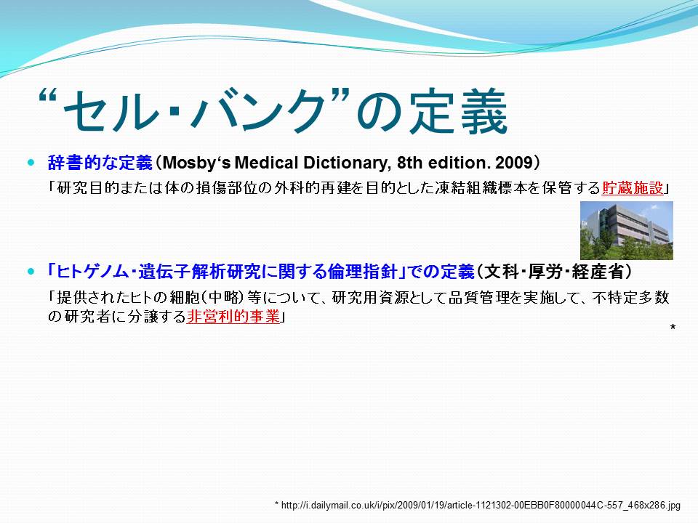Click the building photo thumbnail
point(626,230)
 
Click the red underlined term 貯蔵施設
point(633,188)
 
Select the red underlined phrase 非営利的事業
point(233,316)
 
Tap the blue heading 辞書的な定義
point(100,163)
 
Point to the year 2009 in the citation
point(514,163)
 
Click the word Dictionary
point(345,163)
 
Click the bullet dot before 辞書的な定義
point(31,163)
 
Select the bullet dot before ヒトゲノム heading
point(31,271)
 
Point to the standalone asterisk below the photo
point(673,328)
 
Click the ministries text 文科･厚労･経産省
point(554,271)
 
